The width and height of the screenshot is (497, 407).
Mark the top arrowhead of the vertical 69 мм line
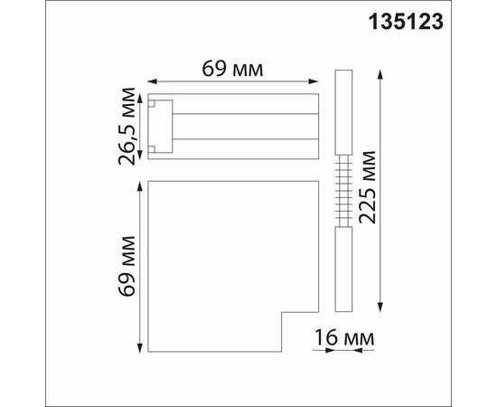(x=139, y=186)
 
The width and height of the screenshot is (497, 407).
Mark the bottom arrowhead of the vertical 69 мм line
(x=139, y=348)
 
